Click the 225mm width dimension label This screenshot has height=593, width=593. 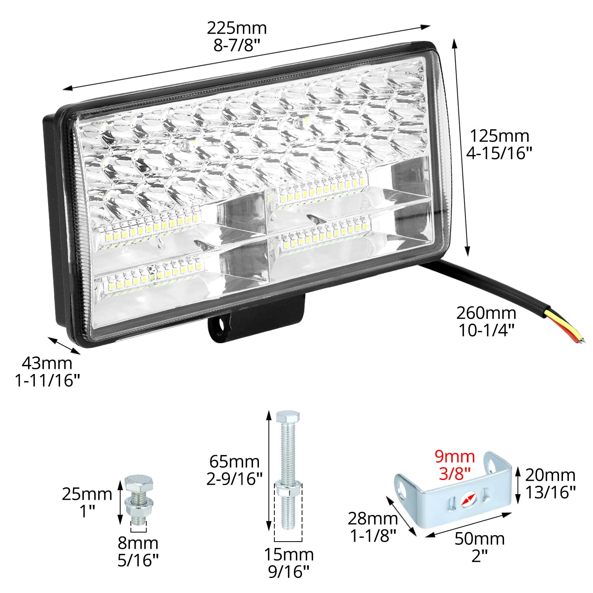point(237,28)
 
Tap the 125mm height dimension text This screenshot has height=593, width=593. point(499,136)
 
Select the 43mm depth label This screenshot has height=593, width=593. point(47,363)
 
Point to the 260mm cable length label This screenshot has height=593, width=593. point(486,313)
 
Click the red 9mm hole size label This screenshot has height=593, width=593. point(455,457)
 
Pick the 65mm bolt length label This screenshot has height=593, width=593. point(234,462)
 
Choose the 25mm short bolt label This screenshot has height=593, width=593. point(87,494)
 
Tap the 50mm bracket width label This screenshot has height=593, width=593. point(480,539)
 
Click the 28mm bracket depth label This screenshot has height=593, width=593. point(372,518)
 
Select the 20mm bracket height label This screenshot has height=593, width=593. point(550,475)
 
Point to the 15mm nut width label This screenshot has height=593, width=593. point(289,555)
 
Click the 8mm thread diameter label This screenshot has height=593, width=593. point(138,543)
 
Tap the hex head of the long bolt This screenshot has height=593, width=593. point(288,417)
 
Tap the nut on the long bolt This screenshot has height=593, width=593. point(288,490)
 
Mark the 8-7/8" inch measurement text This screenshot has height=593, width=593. point(237,45)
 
